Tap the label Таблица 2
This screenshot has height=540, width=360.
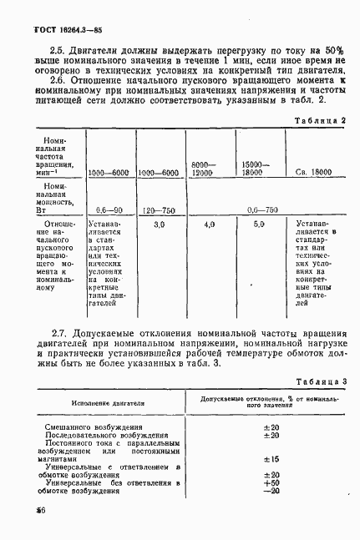pyautogui.click(x=322, y=121)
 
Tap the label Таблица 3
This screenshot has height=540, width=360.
pyautogui.click(x=322, y=381)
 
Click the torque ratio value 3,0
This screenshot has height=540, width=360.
pyautogui.click(x=160, y=225)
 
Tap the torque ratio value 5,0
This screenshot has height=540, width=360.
pyautogui.click(x=259, y=225)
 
